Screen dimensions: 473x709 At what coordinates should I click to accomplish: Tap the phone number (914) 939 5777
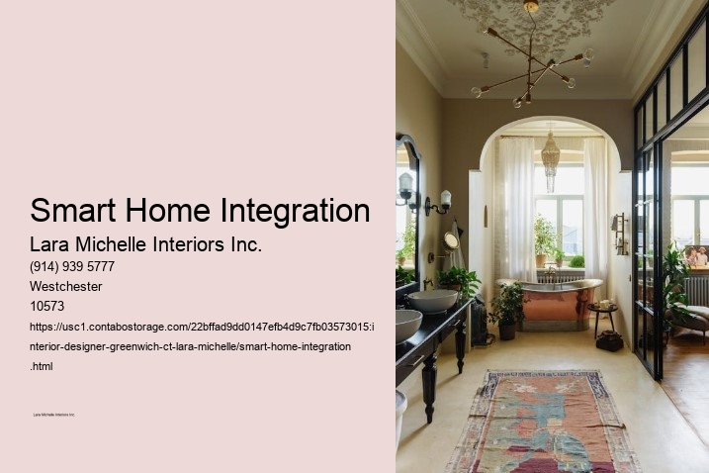point(72,266)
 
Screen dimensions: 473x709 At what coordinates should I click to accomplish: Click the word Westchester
point(66,286)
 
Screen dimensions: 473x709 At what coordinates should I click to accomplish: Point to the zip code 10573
point(47,306)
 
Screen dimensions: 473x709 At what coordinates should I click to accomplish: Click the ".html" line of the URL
point(42,365)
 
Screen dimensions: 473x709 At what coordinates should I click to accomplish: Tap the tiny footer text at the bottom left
point(54,415)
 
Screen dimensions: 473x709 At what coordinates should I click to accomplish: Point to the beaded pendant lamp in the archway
point(551,158)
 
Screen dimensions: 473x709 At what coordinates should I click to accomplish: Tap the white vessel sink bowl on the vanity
point(432,300)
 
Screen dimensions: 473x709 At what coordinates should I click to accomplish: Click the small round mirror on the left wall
point(451,240)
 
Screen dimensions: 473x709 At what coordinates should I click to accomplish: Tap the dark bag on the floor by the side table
point(609,341)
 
